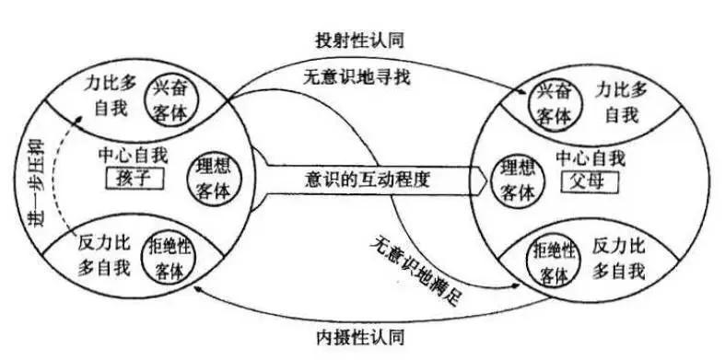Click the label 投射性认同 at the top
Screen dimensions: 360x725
pyautogui.click(x=363, y=41)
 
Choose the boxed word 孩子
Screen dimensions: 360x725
pyautogui.click(x=134, y=178)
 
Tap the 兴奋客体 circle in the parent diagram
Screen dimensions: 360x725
pyautogui.click(x=556, y=101)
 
